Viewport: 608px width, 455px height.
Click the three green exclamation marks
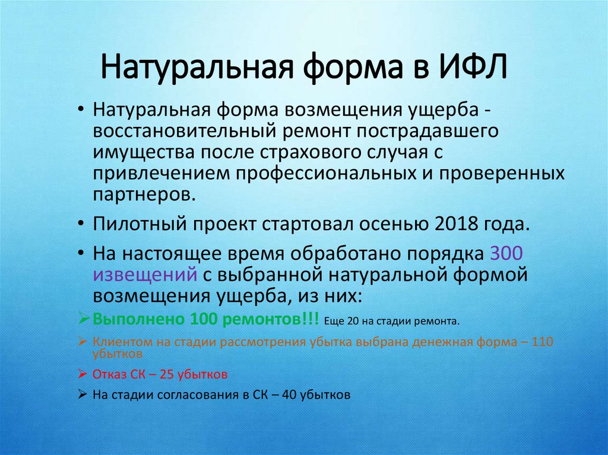click(309, 319)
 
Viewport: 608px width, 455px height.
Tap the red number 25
click(166, 375)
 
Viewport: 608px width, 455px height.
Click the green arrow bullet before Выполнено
click(83, 319)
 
